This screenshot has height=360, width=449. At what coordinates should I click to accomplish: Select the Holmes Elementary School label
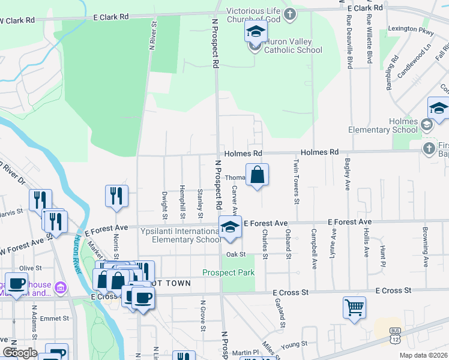click(x=383, y=125)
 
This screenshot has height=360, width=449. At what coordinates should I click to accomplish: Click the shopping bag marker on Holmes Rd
click(x=257, y=175)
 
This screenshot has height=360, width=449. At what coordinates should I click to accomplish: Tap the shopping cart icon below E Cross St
click(x=354, y=308)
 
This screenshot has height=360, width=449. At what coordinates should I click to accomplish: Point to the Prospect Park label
click(x=228, y=272)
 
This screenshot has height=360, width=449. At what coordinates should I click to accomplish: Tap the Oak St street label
click(x=236, y=254)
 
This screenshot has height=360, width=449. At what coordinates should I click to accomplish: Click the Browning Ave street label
click(x=424, y=246)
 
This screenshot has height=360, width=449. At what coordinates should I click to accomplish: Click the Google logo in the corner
click(x=19, y=353)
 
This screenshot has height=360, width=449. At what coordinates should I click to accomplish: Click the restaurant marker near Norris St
click(x=116, y=196)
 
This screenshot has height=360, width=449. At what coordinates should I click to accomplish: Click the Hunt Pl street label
click(x=382, y=255)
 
